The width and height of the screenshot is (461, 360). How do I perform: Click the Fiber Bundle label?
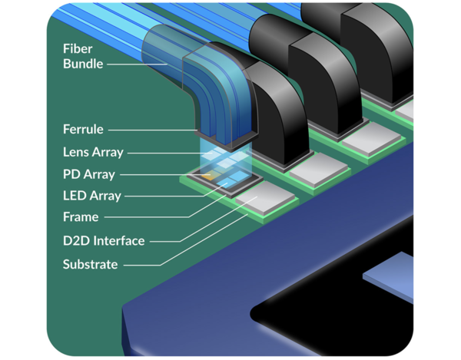pyautogui.click(x=82, y=56)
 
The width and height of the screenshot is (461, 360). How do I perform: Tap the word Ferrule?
pyautogui.click(x=83, y=130)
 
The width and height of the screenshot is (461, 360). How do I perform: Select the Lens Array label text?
pyautogui.click(x=92, y=152)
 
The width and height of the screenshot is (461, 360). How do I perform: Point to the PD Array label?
pyautogui.click(x=88, y=174)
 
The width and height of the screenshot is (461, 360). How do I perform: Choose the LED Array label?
pyautogui.click(x=91, y=196)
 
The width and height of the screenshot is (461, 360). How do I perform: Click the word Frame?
pyautogui.click(x=81, y=217)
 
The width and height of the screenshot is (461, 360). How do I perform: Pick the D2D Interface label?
pyautogui.click(x=103, y=241)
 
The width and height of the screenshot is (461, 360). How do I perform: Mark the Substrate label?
pyautogui.click(x=90, y=265)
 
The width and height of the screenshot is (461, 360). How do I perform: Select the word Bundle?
pyautogui.click(x=82, y=64)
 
